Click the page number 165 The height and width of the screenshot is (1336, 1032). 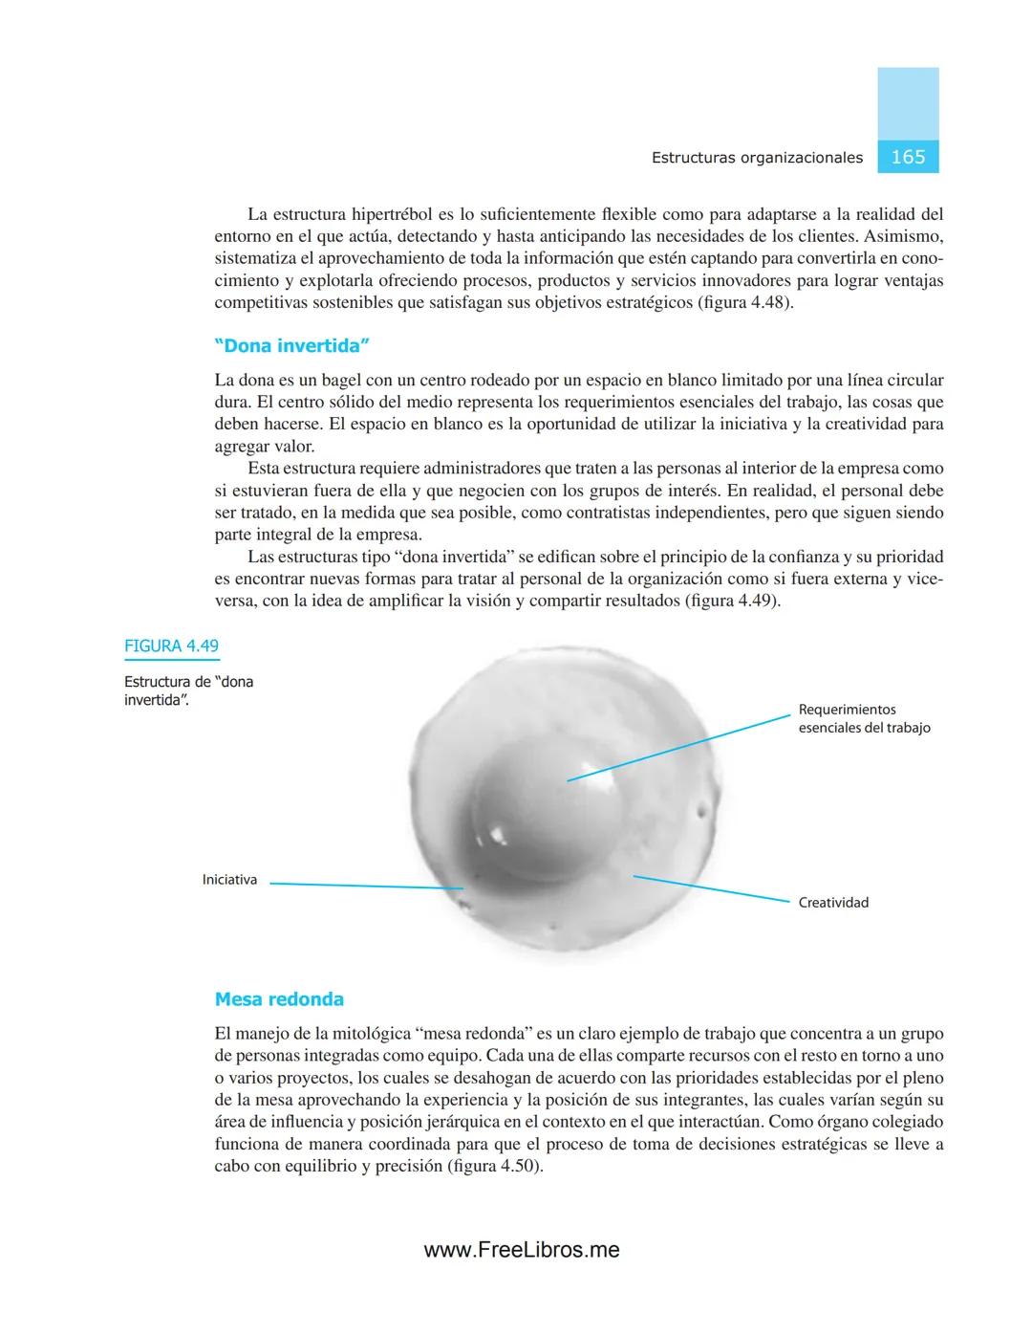point(907,157)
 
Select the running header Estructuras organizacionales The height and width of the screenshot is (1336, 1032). point(757,158)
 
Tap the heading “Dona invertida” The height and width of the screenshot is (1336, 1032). point(291,345)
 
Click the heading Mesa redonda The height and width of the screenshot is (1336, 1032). point(279,999)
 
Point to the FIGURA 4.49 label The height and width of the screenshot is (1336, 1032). point(171,646)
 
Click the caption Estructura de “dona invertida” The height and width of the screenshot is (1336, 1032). point(188,690)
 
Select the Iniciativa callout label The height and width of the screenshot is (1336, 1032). point(229,880)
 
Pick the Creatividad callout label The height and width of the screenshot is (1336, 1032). point(833,903)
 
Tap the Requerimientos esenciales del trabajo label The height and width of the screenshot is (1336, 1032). point(864,719)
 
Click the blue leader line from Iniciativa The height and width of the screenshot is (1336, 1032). point(363,886)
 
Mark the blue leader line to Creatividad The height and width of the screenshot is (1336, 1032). point(712,887)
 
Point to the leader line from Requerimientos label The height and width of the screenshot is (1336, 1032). point(678,747)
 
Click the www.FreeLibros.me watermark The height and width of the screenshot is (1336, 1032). point(522,1250)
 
